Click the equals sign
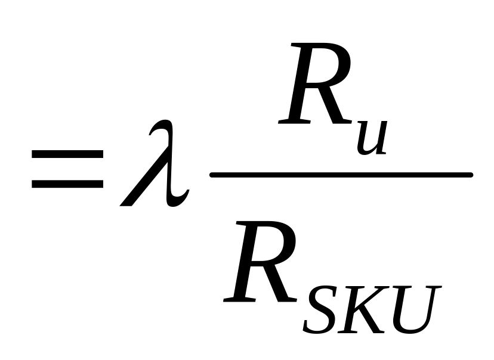pyautogui.click(x=67, y=170)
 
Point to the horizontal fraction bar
pyautogui.click(x=341, y=175)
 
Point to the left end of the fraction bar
pyautogui.click(x=212, y=175)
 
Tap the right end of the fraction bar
pyautogui.click(x=471, y=175)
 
